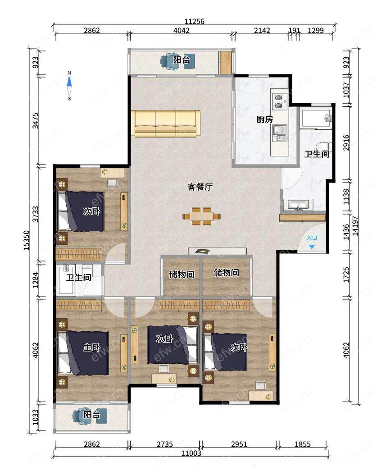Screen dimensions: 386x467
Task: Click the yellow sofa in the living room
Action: tap(166, 124)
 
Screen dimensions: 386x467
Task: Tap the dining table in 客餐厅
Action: tap(201, 216)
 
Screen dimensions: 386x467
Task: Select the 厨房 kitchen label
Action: tap(264, 119)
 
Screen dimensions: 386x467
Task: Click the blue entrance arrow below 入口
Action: tap(312, 247)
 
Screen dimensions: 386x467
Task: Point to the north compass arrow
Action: tap(69, 82)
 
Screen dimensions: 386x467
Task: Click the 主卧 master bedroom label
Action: tap(92, 347)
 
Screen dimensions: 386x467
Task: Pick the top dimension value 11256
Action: tap(194, 22)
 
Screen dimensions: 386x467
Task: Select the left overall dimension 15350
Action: tap(27, 240)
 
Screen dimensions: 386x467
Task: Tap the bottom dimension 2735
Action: tap(165, 444)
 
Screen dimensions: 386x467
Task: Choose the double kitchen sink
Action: tap(280, 133)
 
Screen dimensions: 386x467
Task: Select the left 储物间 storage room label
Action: tap(182, 274)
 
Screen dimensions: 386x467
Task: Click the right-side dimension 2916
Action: tap(346, 142)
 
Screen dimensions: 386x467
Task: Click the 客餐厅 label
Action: tap(200, 187)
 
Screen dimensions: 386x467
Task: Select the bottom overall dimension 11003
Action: tap(191, 453)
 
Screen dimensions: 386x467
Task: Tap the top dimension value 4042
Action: tap(181, 30)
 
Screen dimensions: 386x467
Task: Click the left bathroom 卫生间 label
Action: tap(78, 278)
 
